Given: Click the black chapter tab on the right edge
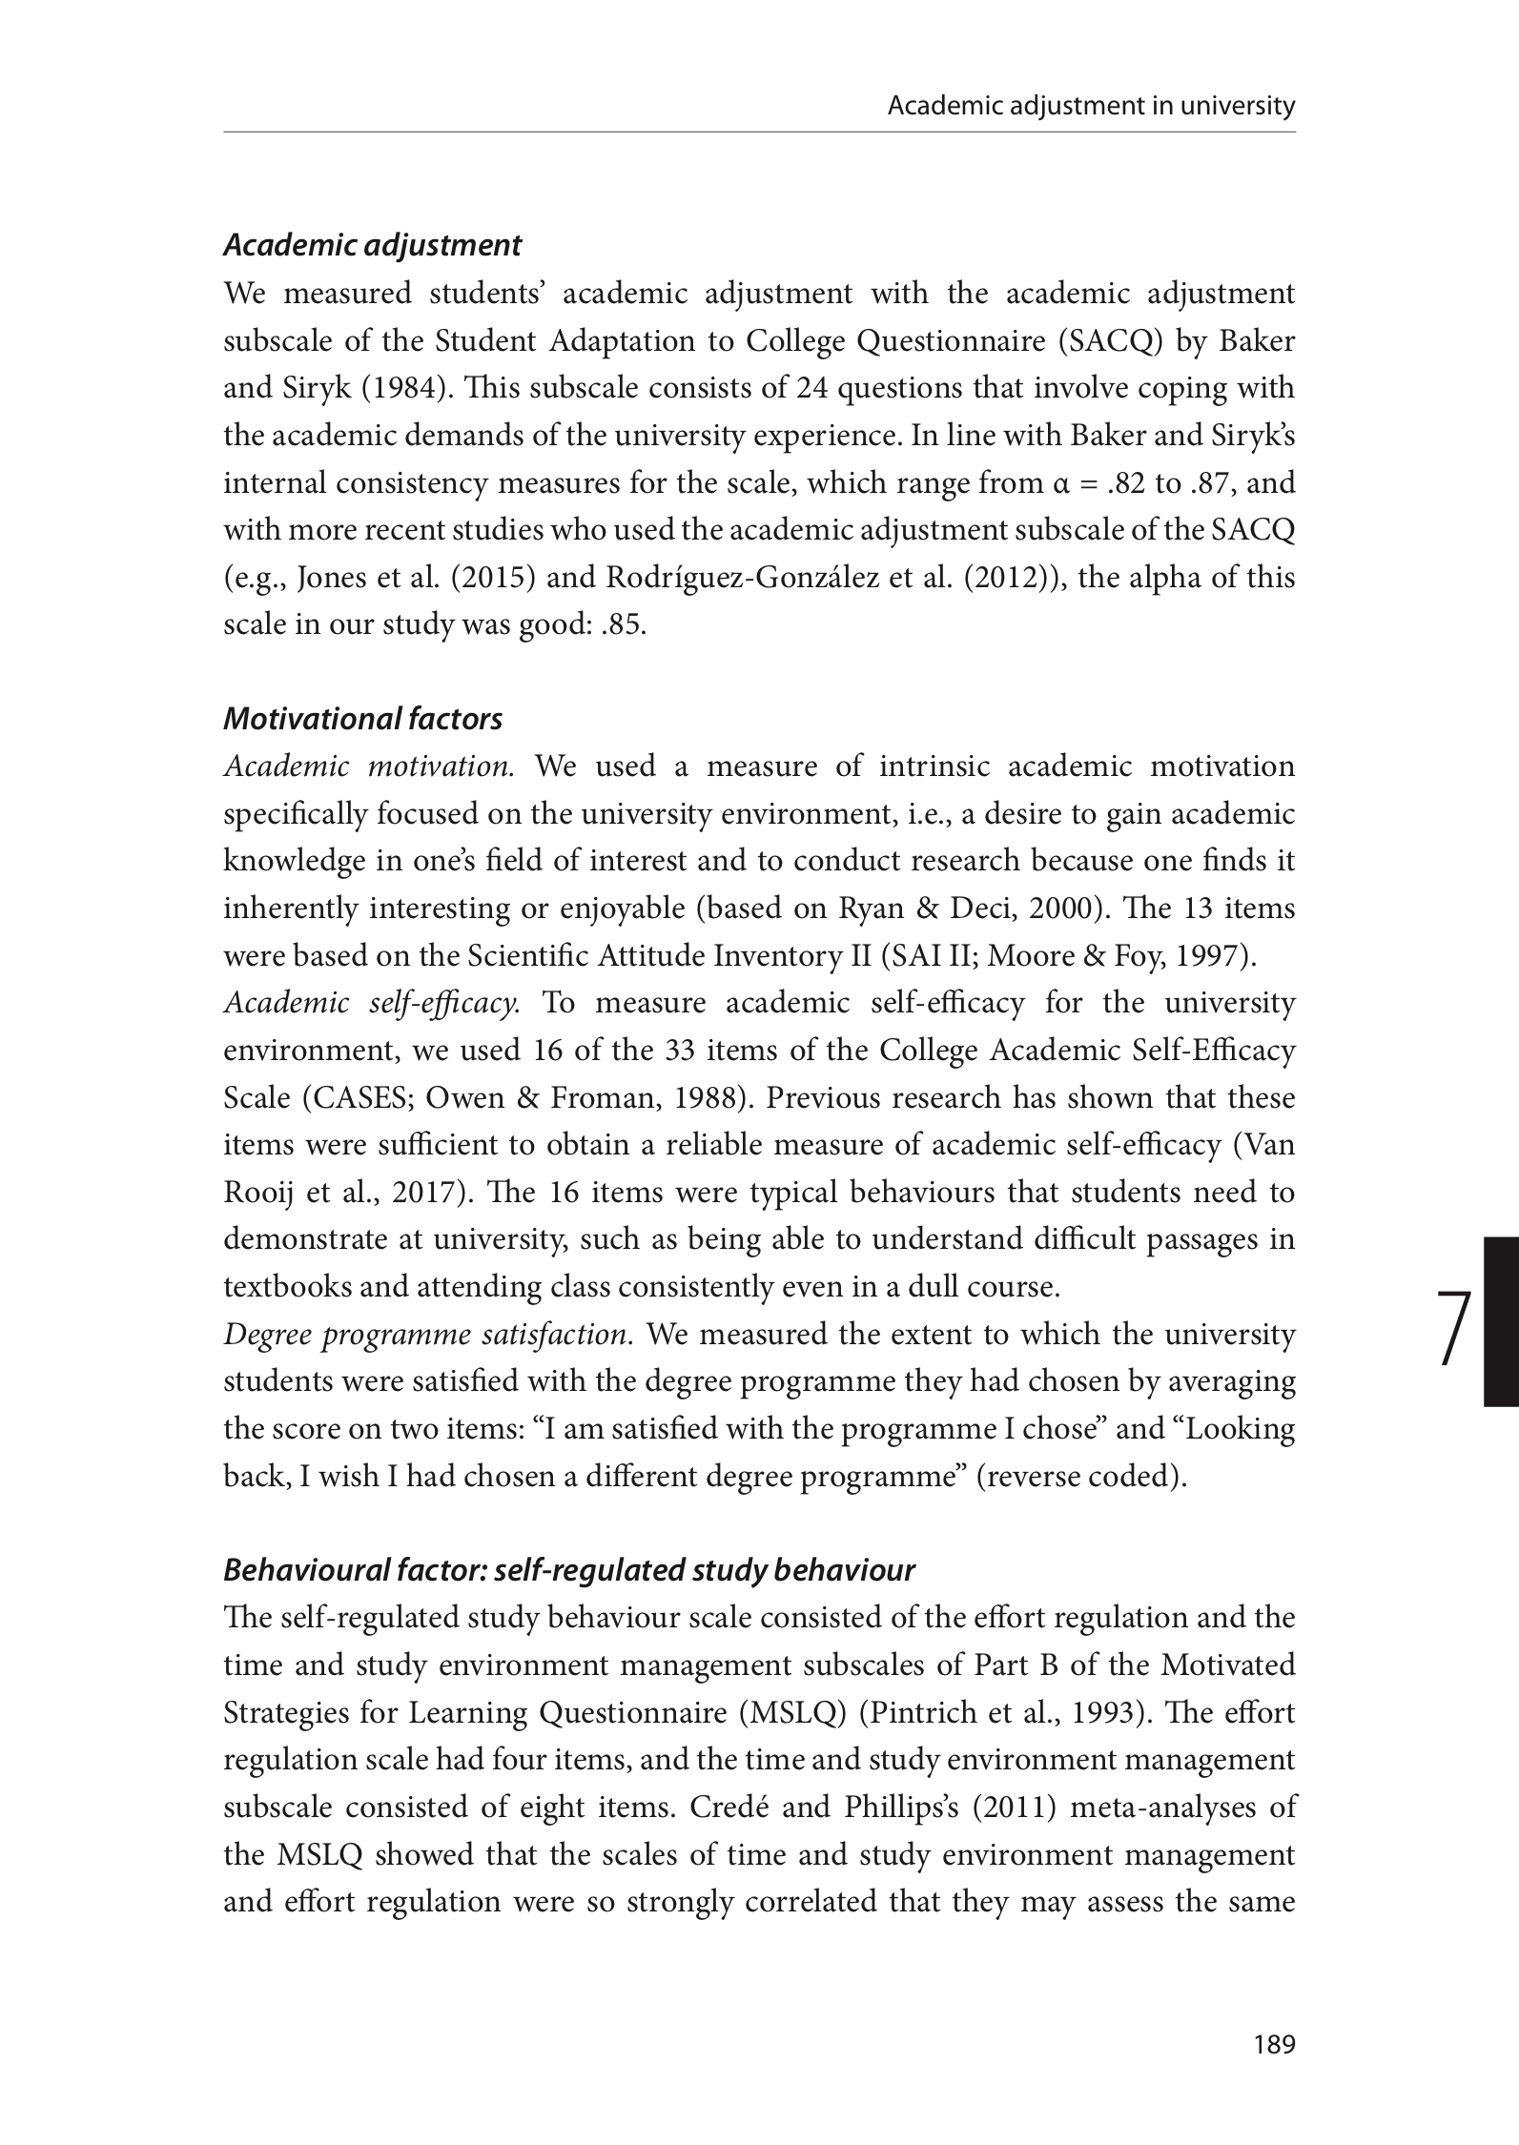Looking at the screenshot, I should coord(1501,1320).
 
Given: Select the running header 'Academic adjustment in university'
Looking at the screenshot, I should coord(1091,106).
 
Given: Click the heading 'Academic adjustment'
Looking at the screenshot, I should coord(372,246).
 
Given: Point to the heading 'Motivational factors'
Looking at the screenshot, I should coord(362,719).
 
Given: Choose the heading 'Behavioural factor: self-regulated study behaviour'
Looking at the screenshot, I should coord(568,1570).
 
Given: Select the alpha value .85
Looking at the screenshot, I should coord(626,625).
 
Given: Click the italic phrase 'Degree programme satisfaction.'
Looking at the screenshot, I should coord(428,1335).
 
